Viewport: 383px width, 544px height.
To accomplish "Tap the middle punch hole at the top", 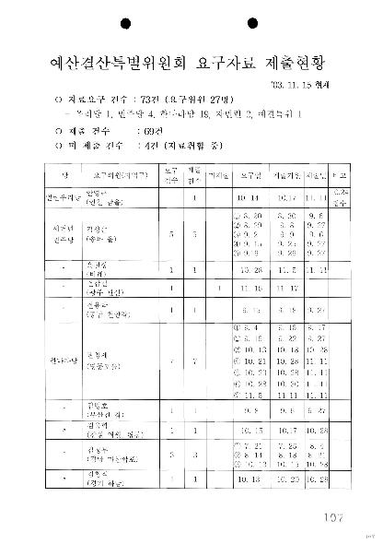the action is pyautogui.click(x=191, y=22).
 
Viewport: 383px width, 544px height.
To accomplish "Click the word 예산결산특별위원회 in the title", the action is pyautogui.click(x=111, y=63).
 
